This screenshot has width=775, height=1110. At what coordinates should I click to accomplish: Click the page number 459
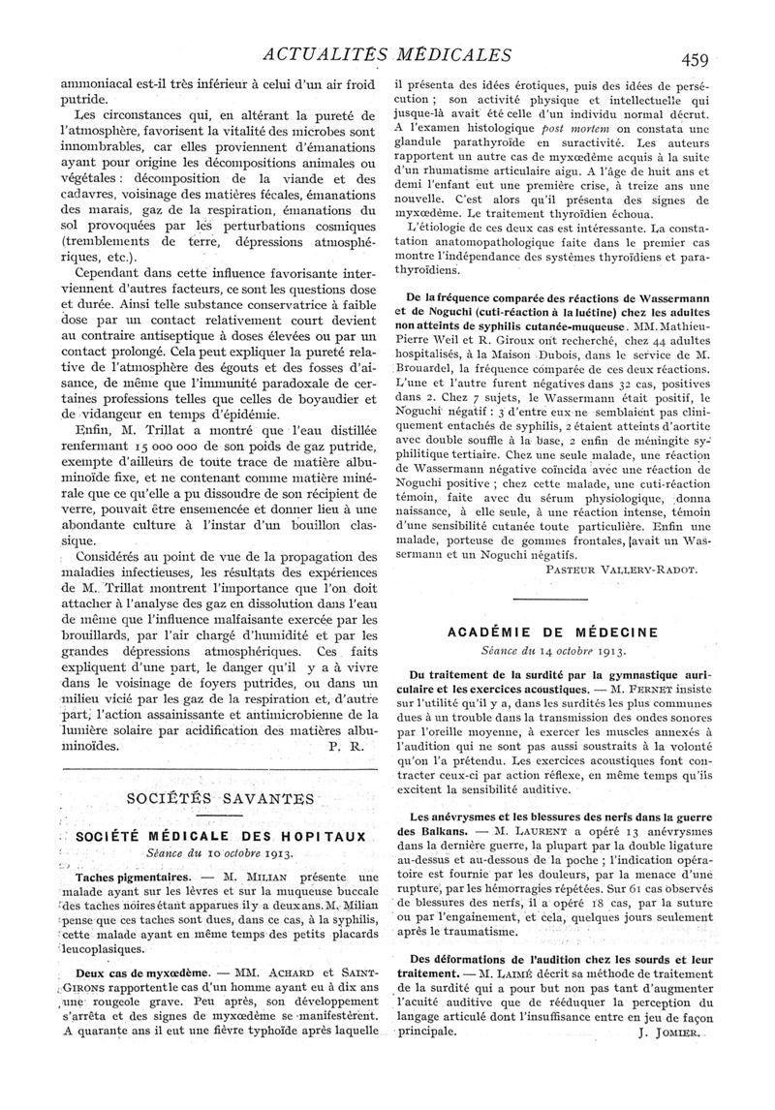click(696, 58)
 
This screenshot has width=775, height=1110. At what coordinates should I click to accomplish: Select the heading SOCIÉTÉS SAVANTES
click(221, 799)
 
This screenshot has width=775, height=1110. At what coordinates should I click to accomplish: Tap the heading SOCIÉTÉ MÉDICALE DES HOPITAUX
click(222, 836)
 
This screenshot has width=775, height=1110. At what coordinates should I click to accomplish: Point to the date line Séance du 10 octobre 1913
click(222, 853)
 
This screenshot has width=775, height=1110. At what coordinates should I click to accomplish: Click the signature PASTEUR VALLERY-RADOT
click(621, 570)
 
